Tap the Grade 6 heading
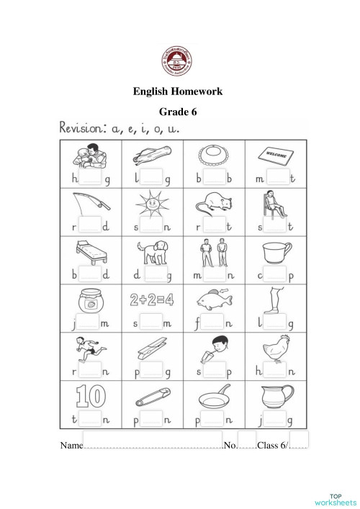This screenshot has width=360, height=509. point(178,112)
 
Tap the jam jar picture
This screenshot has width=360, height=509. point(90,300)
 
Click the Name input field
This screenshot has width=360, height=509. point(152,441)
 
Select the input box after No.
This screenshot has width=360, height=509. point(246,441)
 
